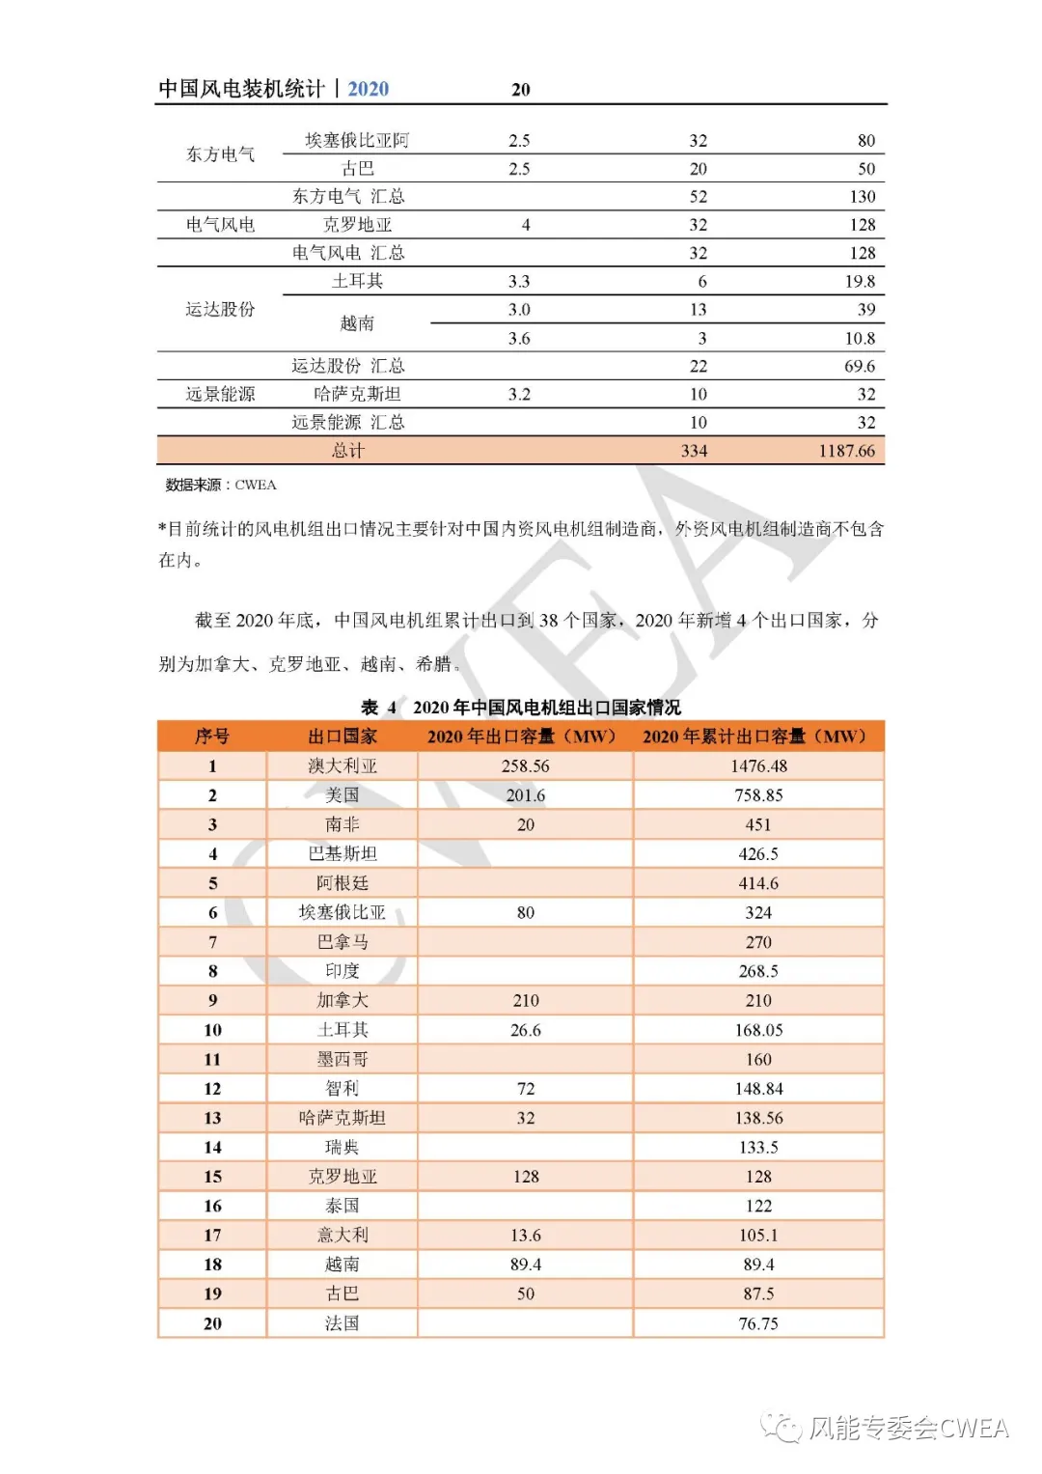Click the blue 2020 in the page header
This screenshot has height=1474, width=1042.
(x=368, y=89)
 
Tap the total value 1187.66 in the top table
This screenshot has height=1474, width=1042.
(x=846, y=451)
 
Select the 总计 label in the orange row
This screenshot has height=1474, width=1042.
(x=348, y=451)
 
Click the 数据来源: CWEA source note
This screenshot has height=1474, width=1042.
(x=221, y=485)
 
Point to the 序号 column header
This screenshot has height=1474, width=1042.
(x=212, y=737)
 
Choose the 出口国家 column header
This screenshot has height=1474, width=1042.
(x=343, y=737)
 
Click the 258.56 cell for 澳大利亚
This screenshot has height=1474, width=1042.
(x=525, y=765)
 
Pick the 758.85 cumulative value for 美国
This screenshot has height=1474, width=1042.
(x=758, y=795)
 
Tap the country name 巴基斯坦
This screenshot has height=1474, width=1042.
(x=343, y=853)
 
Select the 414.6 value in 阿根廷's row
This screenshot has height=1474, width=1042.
(x=758, y=883)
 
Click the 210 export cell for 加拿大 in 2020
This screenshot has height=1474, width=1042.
(x=525, y=1000)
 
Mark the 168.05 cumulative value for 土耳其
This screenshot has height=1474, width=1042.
(x=758, y=1030)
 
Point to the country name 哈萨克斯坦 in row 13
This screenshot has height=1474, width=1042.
(x=343, y=1118)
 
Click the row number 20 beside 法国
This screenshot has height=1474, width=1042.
(x=212, y=1323)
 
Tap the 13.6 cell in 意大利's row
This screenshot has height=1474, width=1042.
(x=525, y=1235)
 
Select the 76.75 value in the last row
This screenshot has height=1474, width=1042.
(x=758, y=1323)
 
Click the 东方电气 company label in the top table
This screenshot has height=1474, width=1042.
(x=221, y=154)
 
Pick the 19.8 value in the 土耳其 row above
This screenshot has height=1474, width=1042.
(x=860, y=281)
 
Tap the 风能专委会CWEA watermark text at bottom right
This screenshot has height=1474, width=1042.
(x=908, y=1428)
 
